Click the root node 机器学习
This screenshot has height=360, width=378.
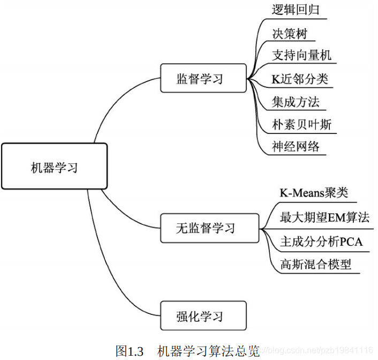tap(54, 167)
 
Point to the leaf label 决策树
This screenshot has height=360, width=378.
tap(290, 33)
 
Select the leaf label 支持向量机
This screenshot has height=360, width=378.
tap(301, 55)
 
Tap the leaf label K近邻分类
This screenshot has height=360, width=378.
tap(299, 79)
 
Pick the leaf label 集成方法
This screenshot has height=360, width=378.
tap(296, 101)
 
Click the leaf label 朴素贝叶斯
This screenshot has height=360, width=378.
tap(301, 124)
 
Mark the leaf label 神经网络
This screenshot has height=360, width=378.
tap(296, 146)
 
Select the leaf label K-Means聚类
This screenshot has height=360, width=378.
tap(314, 193)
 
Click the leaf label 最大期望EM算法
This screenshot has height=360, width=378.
tap(324, 217)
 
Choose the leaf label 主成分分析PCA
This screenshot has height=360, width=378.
tap(321, 242)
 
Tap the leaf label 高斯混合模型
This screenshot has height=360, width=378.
tap(315, 264)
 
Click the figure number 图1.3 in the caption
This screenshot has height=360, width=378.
tap(130, 351)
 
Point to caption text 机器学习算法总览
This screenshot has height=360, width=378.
tap(208, 351)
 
